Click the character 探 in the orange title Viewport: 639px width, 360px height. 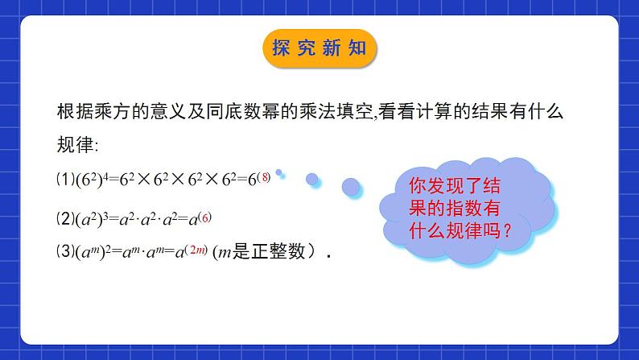coord(282,48)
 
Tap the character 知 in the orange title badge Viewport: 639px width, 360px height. coord(357,48)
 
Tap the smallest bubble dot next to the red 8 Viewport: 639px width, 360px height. coord(279,172)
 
